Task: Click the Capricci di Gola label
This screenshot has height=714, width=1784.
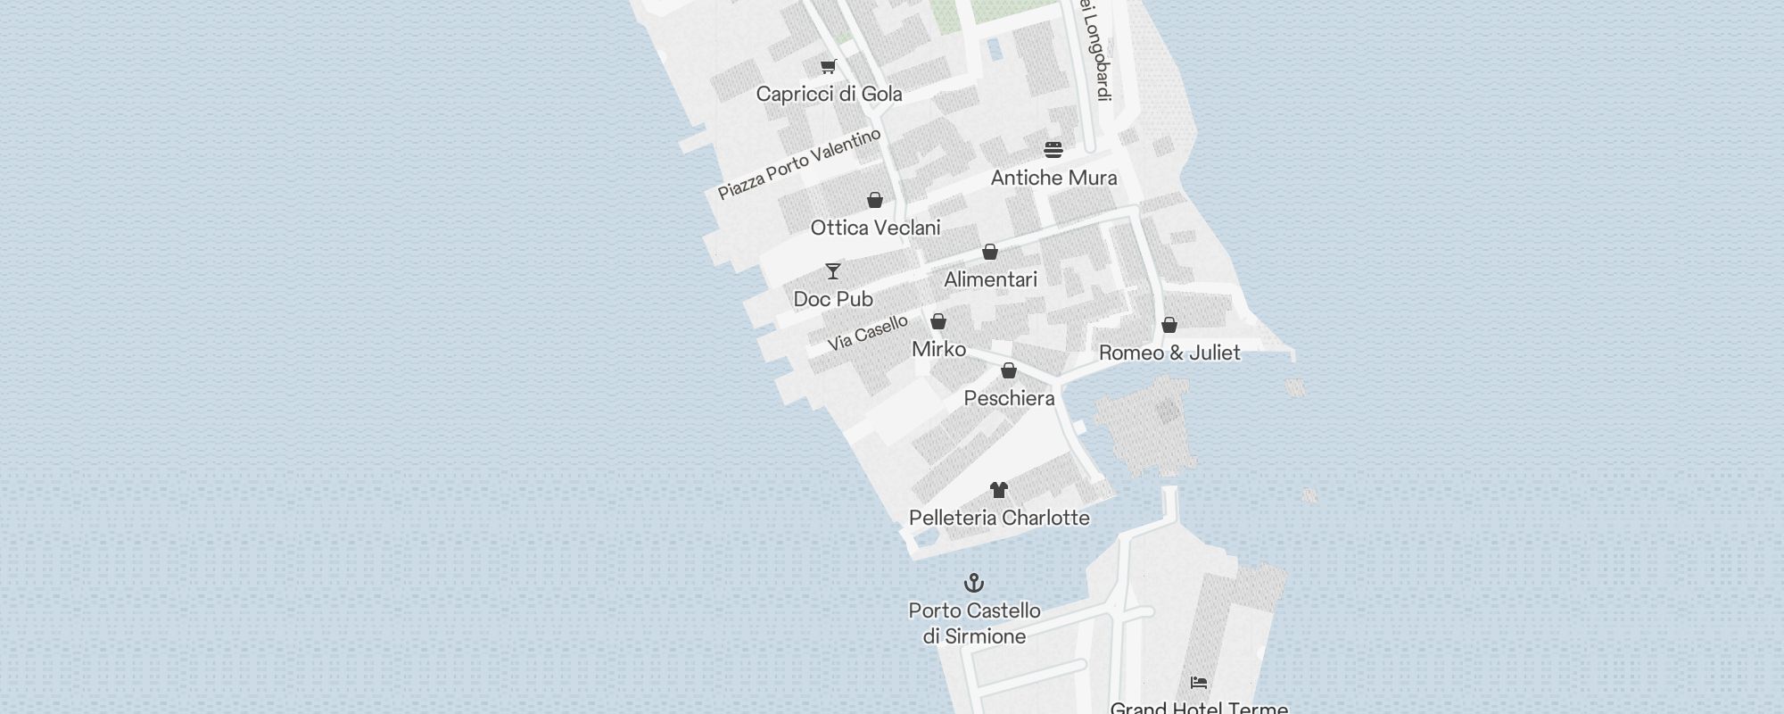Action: click(829, 94)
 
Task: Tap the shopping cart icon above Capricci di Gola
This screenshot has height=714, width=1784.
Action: click(829, 66)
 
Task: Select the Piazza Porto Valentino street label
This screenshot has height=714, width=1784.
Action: click(799, 163)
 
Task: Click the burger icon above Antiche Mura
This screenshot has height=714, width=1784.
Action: click(1053, 149)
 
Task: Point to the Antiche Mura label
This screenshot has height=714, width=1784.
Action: click(1053, 178)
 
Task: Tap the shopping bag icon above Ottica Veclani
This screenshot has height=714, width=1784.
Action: click(875, 200)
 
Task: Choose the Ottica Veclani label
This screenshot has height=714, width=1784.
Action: click(875, 228)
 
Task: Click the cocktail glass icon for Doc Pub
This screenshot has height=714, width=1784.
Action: click(833, 270)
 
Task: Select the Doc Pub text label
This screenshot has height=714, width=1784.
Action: click(833, 299)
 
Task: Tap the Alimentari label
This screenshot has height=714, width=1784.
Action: click(990, 279)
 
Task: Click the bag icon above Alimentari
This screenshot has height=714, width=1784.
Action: click(990, 252)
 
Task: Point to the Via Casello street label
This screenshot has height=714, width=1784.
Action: click(867, 332)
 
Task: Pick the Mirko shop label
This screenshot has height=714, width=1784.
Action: click(938, 349)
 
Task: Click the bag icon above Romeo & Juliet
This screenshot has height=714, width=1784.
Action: click(1169, 325)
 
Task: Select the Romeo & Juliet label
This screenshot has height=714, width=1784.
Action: click(1169, 353)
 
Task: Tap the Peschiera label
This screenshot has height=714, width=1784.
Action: click(1009, 398)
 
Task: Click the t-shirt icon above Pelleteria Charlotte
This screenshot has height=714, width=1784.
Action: click(999, 490)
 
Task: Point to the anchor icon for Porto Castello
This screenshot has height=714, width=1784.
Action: click(974, 584)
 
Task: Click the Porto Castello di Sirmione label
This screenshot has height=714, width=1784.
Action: click(974, 623)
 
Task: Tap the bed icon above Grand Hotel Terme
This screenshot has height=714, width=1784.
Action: click(1199, 683)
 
